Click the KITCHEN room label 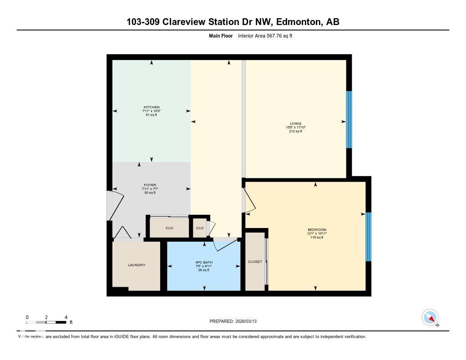(151, 107)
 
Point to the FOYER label (150, 185)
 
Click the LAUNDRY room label (136, 265)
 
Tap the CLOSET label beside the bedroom (255, 262)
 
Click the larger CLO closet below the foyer (169, 228)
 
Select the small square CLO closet (199, 228)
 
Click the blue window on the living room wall (349, 120)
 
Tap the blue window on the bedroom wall (369, 237)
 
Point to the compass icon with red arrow (430, 318)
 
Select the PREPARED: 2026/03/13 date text (236, 321)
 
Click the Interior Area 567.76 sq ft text (265, 35)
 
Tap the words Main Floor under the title (221, 35)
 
